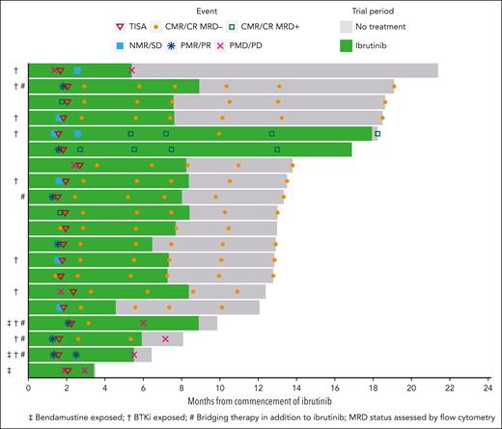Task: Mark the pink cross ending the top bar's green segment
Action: tap(132, 70)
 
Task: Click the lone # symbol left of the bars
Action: tap(20, 196)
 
